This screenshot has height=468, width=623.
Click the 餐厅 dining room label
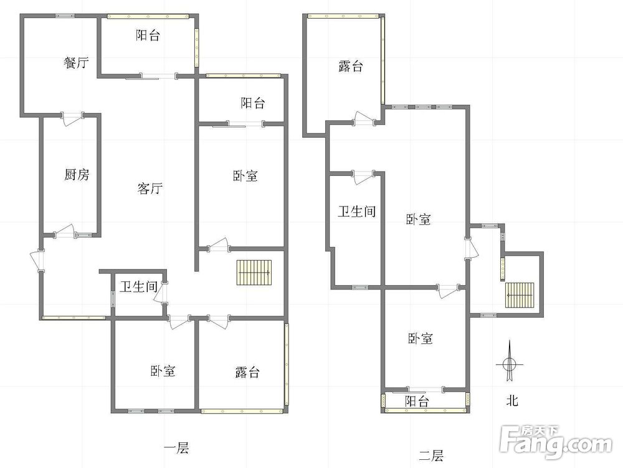click(x=75, y=62)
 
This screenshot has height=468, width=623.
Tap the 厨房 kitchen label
click(x=77, y=174)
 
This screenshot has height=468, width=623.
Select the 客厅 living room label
click(x=150, y=188)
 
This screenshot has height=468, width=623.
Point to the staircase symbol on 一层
click(x=254, y=273)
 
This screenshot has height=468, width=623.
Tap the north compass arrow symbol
click(x=510, y=361)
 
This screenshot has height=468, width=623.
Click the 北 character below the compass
click(x=512, y=401)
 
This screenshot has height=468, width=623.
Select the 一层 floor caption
click(x=176, y=448)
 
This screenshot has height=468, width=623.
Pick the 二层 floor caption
click(x=431, y=456)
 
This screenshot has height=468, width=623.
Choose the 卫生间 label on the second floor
click(x=357, y=211)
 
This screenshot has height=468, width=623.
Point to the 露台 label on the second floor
click(x=351, y=66)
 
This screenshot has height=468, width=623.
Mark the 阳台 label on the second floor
click(x=417, y=401)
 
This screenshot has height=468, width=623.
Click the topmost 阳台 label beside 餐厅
click(x=148, y=36)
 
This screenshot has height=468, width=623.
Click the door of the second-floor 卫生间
click(x=361, y=177)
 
